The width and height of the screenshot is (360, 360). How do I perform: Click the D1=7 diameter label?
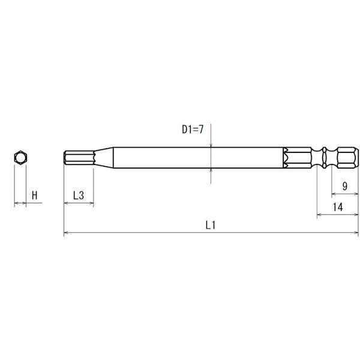coord(193,130)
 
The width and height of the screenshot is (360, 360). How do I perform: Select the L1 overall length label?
coord(211,225)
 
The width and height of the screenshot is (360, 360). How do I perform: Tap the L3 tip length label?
coord(79,196)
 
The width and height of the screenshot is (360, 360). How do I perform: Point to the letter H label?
coord(34,196)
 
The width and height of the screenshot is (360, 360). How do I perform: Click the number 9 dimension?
coord(344,186)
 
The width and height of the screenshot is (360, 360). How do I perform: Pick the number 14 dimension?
coord(338,207)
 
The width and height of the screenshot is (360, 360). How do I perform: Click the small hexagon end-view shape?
coord(20,158)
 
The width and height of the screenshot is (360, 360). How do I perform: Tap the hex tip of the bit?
coord(79,157)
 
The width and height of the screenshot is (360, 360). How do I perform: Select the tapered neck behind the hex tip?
coord(104,157)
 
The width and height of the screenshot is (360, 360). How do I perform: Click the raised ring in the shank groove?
coord(324,158)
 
